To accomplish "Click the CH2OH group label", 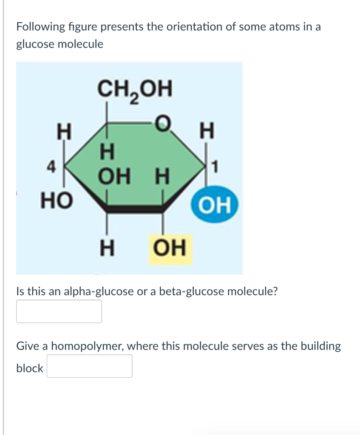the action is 135,90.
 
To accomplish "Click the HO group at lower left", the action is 54,198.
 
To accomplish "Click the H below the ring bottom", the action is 106,247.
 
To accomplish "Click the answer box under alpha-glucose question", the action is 59,311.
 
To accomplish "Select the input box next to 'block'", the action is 89,366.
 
